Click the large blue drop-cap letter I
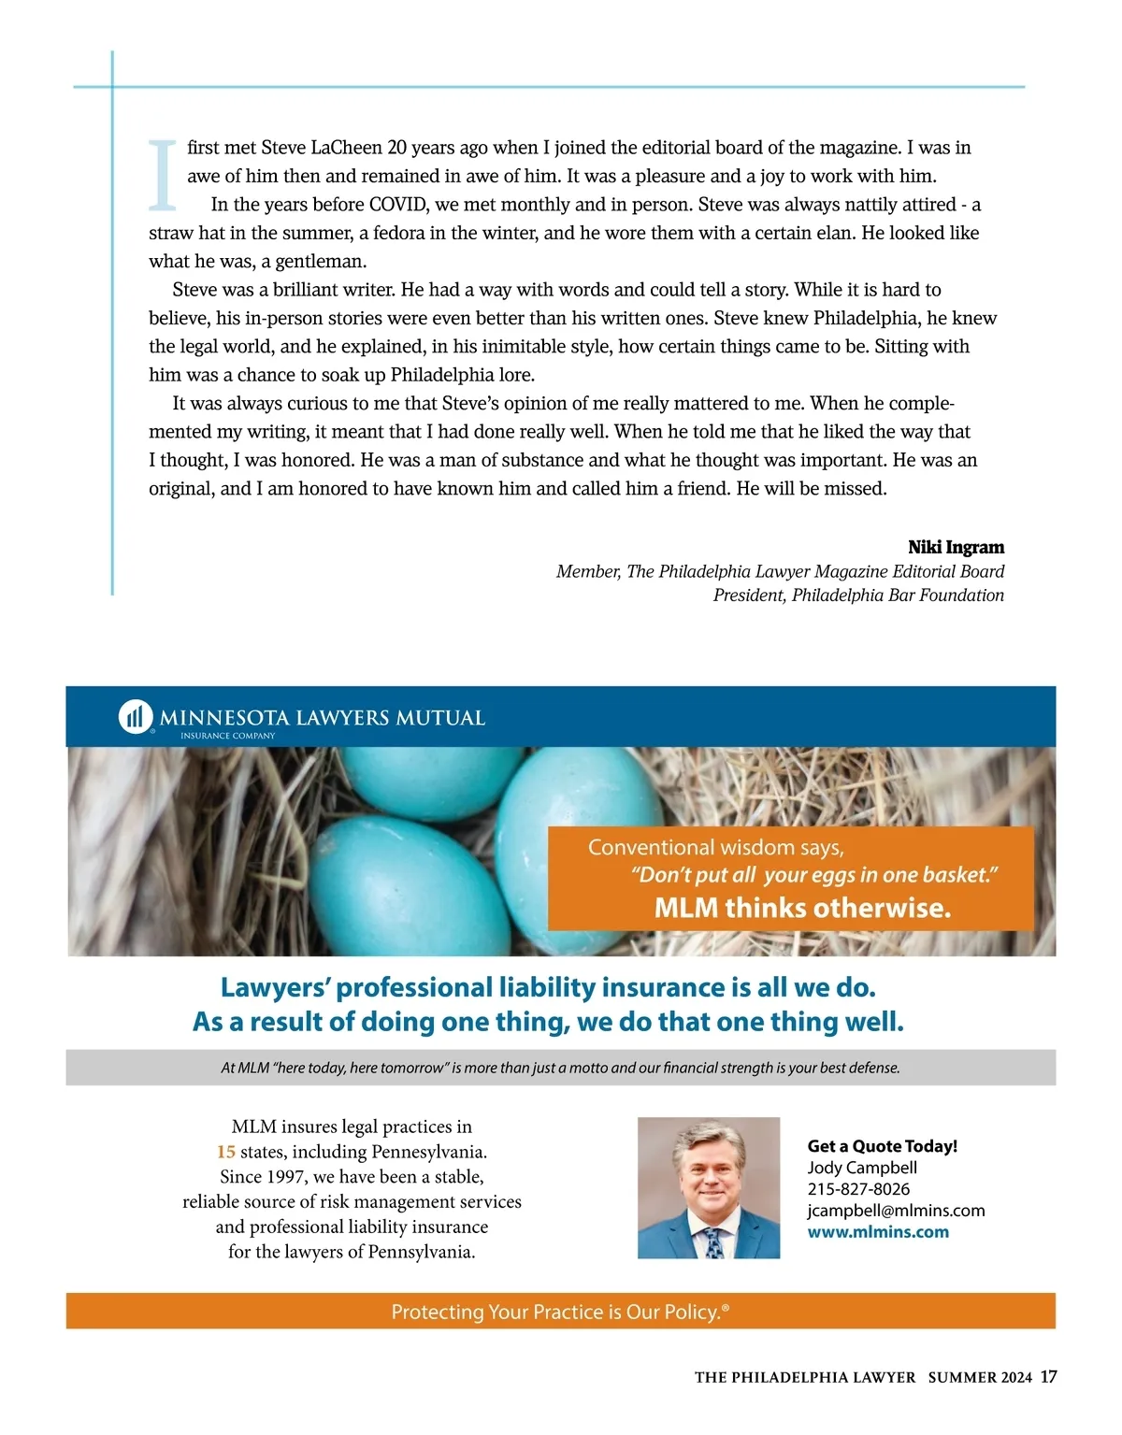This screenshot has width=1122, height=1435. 163,175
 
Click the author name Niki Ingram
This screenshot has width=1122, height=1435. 956,547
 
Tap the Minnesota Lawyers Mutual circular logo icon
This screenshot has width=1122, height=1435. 136,717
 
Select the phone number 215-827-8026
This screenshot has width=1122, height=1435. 858,1189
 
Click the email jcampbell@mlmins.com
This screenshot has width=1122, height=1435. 896,1211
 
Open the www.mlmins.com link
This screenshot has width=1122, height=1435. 877,1232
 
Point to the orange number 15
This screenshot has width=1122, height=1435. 225,1152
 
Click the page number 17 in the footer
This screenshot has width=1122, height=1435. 1048,1377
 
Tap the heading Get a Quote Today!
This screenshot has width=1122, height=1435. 882,1146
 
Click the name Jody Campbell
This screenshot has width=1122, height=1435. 861,1168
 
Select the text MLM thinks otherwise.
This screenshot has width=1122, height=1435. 802,908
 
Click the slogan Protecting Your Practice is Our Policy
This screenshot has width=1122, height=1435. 559,1312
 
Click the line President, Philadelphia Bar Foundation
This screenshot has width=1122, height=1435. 857,596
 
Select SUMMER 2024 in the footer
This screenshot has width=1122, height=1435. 980,1378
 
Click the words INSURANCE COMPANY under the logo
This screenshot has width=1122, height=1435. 227,736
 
